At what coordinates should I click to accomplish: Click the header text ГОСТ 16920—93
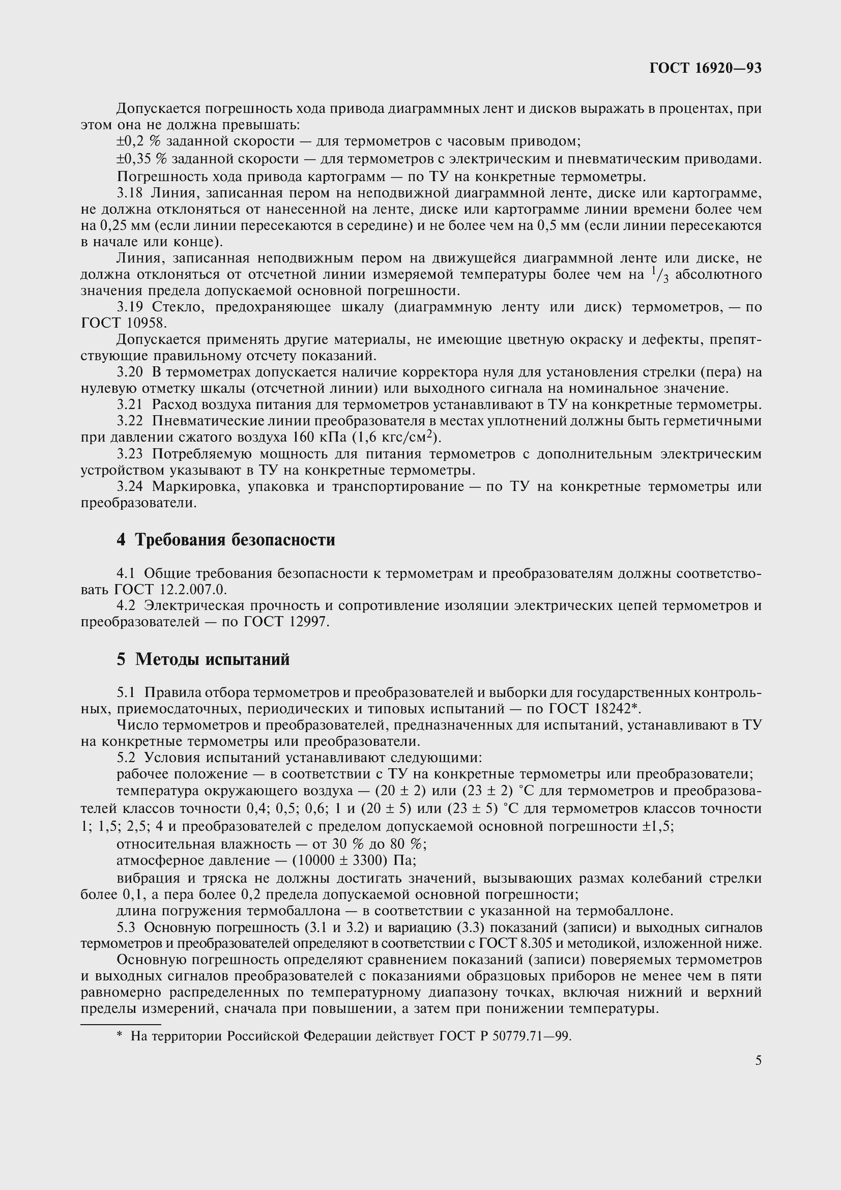[x=705, y=68]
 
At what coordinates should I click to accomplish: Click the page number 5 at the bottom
[x=759, y=1060]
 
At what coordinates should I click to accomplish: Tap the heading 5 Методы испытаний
[x=202, y=659]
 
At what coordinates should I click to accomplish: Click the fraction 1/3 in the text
[x=658, y=274]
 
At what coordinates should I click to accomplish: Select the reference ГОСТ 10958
[x=124, y=323]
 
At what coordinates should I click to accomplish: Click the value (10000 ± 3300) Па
[x=354, y=861]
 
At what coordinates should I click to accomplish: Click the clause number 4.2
[x=126, y=605]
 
